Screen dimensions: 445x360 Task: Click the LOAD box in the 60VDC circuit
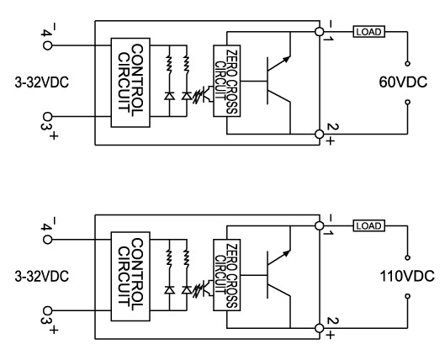[x=369, y=32]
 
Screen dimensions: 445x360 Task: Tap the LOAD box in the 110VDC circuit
[x=369, y=225]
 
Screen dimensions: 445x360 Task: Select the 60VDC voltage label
[x=403, y=82]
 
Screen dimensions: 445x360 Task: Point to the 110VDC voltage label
[x=407, y=276]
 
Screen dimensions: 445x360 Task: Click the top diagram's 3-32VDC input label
[x=42, y=82]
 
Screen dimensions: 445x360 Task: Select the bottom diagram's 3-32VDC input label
[x=42, y=277]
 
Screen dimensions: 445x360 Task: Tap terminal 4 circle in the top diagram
[x=47, y=45]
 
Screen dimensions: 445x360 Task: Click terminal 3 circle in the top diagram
[x=47, y=117]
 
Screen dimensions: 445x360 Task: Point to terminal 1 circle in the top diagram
[x=320, y=32]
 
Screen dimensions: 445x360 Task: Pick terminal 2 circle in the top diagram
[x=320, y=134]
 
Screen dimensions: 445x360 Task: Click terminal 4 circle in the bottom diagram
[x=47, y=240]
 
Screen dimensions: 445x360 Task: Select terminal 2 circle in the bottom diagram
[x=320, y=328]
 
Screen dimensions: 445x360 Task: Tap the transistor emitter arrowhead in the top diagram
[x=287, y=59]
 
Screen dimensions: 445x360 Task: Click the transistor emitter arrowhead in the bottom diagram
[x=287, y=253]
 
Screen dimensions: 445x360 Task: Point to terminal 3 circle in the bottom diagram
[x=47, y=310]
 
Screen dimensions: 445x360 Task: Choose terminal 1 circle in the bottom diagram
[x=320, y=225]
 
